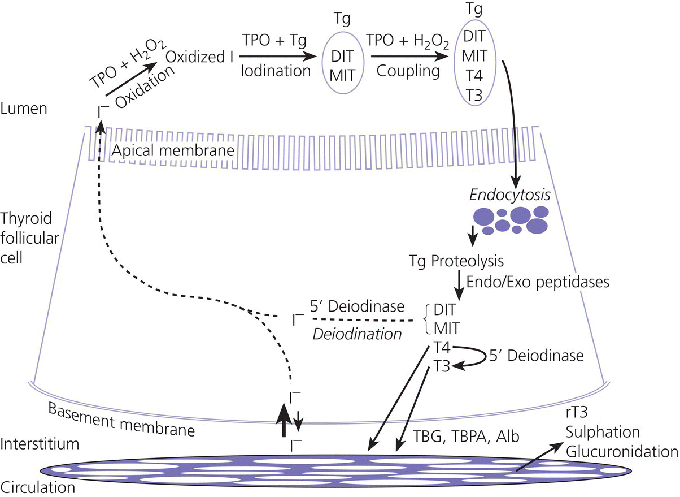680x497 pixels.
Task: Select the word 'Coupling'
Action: click(403, 71)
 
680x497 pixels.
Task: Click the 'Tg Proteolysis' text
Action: click(456, 262)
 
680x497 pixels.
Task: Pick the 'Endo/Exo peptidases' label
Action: click(538, 281)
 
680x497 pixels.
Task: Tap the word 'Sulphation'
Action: click(603, 433)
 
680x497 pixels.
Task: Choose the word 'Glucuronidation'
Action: click(621, 452)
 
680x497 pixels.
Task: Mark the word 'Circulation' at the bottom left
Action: click(38, 486)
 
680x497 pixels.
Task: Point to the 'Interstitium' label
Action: click(39, 444)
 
